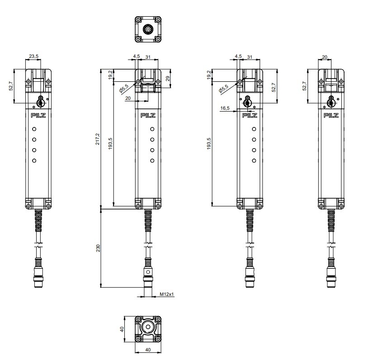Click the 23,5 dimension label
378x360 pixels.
[x=33, y=56]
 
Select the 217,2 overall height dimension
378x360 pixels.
[x=97, y=140]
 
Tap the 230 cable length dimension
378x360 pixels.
[x=98, y=248]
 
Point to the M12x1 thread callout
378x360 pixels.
[x=167, y=294]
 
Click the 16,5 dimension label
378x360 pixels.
[x=225, y=108]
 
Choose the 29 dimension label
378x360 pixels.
[x=168, y=79]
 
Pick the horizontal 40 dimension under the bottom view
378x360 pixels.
[x=148, y=350]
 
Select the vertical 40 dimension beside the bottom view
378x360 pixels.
[x=122, y=329]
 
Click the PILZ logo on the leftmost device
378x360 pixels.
[x=38, y=115]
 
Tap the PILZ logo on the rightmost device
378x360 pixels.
[x=331, y=115]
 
